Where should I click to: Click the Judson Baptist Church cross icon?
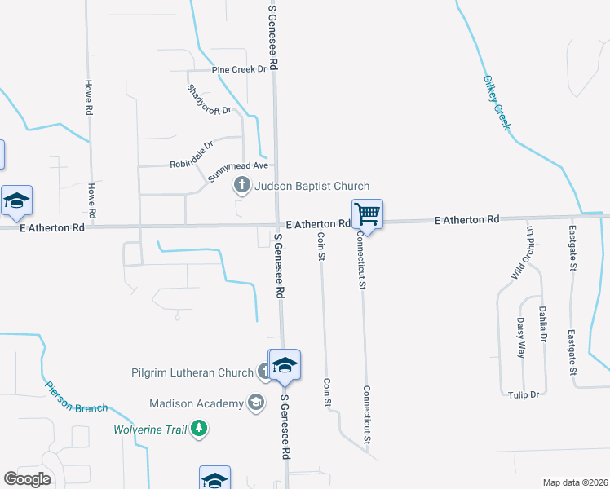click(x=241, y=186)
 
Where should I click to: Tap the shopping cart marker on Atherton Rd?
click(x=367, y=215)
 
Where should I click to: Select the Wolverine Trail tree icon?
click(x=198, y=429)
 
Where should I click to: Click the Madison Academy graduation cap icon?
click(x=256, y=403)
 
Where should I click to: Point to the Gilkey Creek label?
click(x=496, y=103)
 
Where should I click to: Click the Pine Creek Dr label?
click(x=239, y=70)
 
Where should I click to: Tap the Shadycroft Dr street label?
click(x=209, y=100)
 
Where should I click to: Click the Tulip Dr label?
click(x=524, y=394)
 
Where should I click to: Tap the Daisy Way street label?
click(x=521, y=338)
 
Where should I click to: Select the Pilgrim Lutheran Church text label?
click(x=192, y=373)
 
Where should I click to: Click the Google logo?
click(x=27, y=479)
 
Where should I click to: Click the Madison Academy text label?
click(x=197, y=403)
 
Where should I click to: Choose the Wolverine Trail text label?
click(x=148, y=429)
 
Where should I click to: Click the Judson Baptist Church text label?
click(x=312, y=187)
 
